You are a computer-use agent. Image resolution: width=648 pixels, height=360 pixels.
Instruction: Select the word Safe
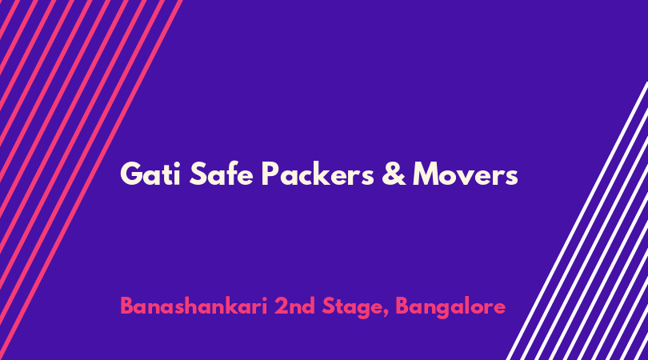pos(221,173)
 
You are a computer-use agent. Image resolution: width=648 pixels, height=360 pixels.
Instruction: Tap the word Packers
pos(318,173)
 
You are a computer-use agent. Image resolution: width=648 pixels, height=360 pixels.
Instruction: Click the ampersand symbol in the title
pos(394,174)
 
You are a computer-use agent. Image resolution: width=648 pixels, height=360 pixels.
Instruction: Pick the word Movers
pos(466,174)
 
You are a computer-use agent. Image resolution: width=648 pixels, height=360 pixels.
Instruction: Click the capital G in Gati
pos(131,174)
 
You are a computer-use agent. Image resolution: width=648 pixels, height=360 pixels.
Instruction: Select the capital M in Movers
pos(429,174)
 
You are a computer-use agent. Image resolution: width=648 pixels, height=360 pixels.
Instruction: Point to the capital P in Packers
pos(270,174)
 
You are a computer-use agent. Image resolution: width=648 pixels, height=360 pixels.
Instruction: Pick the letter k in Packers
pos(323,173)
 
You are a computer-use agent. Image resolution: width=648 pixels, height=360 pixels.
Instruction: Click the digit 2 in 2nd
pos(282,306)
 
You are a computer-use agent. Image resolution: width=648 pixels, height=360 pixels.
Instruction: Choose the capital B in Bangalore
pos(403,306)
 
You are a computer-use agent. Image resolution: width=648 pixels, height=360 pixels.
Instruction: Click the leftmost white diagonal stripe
pos(578,221)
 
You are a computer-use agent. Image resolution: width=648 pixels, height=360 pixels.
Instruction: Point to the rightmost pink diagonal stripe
pos(91,180)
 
